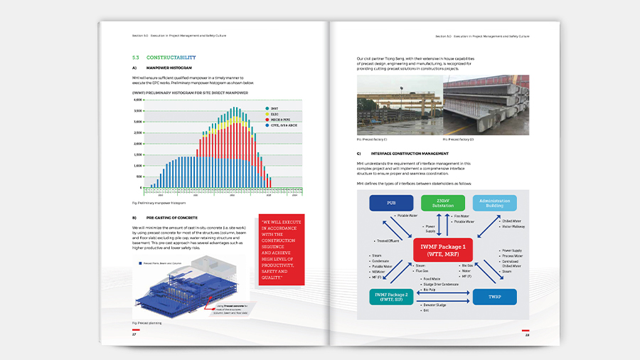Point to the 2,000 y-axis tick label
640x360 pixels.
138,144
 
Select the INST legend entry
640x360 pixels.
274,109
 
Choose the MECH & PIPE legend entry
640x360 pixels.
278,119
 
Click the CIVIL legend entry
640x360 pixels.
280,125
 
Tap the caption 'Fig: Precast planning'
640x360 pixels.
146,323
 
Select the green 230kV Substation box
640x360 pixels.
442,203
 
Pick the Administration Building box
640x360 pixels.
494,203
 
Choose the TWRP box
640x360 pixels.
494,297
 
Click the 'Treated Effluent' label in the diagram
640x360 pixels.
387,240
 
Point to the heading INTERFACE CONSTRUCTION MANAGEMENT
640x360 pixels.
413,154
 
